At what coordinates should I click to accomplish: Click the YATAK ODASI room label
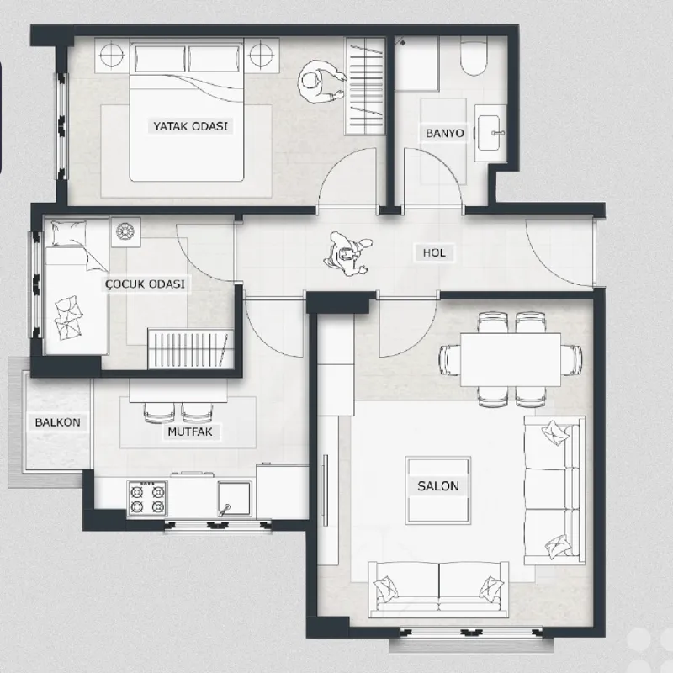click(191, 126)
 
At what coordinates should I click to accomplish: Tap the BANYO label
click(445, 133)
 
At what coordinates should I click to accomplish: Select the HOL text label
click(434, 253)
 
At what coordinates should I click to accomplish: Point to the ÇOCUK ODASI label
click(145, 284)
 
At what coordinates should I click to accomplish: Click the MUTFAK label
click(190, 432)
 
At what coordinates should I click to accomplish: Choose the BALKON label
click(57, 422)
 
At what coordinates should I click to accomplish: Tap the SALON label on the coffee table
click(437, 486)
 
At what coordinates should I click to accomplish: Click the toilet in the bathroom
click(474, 56)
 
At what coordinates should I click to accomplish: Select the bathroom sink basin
click(489, 133)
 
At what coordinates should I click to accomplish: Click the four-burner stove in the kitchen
click(147, 498)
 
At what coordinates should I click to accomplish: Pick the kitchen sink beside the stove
click(235, 499)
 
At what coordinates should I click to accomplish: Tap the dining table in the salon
click(511, 360)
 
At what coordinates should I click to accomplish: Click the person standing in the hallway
click(348, 254)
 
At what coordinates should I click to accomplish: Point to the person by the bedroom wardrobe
click(322, 82)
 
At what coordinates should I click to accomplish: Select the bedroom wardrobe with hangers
click(365, 86)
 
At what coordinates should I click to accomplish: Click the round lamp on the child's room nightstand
click(125, 232)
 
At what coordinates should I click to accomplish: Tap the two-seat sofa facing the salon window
click(438, 589)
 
